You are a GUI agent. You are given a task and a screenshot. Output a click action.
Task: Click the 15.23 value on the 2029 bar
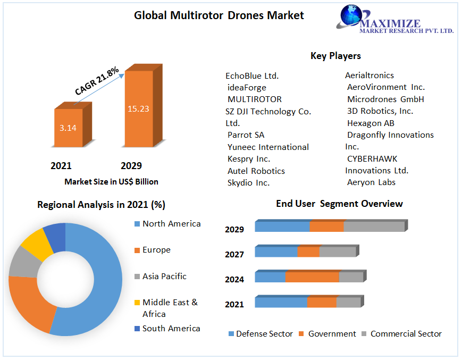pyautogui.click(x=138, y=109)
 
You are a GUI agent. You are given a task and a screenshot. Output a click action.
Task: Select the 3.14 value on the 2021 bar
pyautogui.click(x=68, y=128)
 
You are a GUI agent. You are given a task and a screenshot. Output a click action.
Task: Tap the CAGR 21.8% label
pyautogui.click(x=97, y=81)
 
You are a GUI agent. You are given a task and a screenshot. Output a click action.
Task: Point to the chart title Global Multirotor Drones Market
pyautogui.click(x=219, y=15)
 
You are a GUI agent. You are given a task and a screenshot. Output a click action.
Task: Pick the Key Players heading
pyautogui.click(x=335, y=56)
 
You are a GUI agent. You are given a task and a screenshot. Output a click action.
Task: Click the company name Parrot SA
pyautogui.click(x=246, y=135)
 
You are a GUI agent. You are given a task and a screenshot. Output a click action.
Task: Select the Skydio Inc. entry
pyautogui.click(x=248, y=183)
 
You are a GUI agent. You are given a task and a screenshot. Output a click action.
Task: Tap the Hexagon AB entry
pyautogui.click(x=371, y=123)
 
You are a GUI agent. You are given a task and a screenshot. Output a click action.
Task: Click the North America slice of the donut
pyautogui.click(x=106, y=277)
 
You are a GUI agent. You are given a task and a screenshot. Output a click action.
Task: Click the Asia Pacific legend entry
pyautogui.click(x=164, y=277)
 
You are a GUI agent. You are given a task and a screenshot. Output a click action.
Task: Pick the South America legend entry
pyautogui.click(x=171, y=329)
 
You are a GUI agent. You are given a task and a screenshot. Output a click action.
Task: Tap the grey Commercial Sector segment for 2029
pyautogui.click(x=374, y=227)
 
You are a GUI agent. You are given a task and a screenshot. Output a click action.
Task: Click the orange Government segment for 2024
pyautogui.click(x=312, y=277)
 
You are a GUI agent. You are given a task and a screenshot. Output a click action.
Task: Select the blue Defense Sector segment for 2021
pyautogui.click(x=281, y=302)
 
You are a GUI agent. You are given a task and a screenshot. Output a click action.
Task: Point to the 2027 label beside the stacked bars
pyautogui.click(x=234, y=255)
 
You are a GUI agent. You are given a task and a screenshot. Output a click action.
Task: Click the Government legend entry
pyautogui.click(x=332, y=334)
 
